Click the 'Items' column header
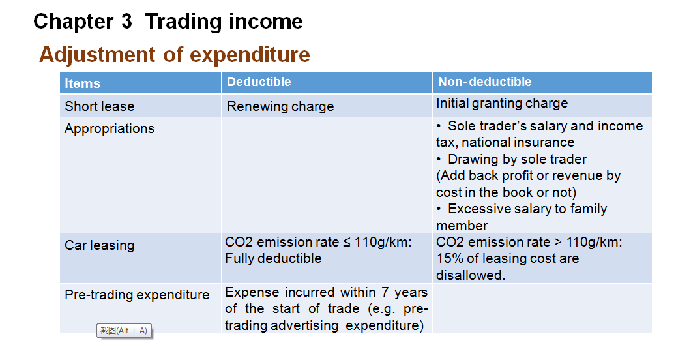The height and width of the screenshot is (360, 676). coord(82,83)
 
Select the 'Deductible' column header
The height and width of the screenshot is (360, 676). coord(259,82)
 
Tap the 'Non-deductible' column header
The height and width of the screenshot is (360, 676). coord(484,82)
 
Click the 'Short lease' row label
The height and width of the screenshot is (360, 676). coord(100,106)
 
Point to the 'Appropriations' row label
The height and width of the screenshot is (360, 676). coord(110,128)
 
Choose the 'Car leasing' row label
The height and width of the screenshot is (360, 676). coord(100,245)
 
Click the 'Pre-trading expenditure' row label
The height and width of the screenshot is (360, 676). coord(137,295)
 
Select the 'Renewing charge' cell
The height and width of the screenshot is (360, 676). coord(280,106)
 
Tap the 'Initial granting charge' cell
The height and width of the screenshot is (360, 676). coord(502,104)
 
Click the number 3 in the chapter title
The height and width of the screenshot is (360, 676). coord(126,21)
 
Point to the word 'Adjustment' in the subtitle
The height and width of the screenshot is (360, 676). coord(97,55)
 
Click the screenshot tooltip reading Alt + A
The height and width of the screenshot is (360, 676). coord(124,331)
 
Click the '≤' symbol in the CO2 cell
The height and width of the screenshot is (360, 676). coord(347,243)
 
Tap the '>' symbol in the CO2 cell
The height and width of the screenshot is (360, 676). coord(558,243)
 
